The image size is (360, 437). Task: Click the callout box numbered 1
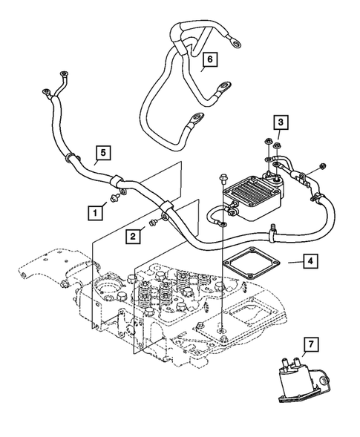point(94,212)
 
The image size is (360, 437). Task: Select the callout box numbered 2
point(131,236)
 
